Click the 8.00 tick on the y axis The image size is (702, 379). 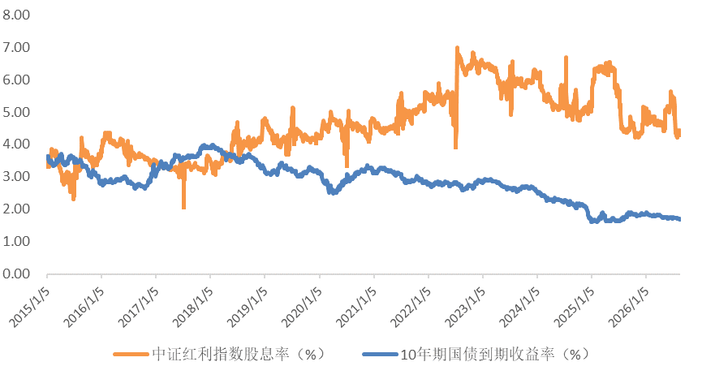(16, 15)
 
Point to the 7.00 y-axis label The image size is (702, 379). (16, 47)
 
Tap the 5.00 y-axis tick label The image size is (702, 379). (16, 112)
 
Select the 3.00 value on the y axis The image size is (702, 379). (16, 176)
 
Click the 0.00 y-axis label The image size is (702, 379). (16, 273)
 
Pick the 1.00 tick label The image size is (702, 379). (16, 241)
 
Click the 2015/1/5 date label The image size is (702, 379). (29, 307)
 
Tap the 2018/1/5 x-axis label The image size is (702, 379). (193, 307)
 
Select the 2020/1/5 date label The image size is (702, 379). (302, 307)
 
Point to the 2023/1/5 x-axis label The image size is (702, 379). (465, 307)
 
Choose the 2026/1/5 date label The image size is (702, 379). (629, 307)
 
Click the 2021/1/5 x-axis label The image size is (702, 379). (356, 307)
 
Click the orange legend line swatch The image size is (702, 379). (131, 355)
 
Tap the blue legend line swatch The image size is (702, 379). (380, 355)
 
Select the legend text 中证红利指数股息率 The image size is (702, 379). (220, 355)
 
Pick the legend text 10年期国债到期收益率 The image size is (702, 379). (477, 355)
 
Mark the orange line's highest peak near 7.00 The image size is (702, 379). (457, 47)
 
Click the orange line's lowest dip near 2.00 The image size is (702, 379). (183, 208)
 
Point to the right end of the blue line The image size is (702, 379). (679, 219)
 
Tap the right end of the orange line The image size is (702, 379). (679, 131)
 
